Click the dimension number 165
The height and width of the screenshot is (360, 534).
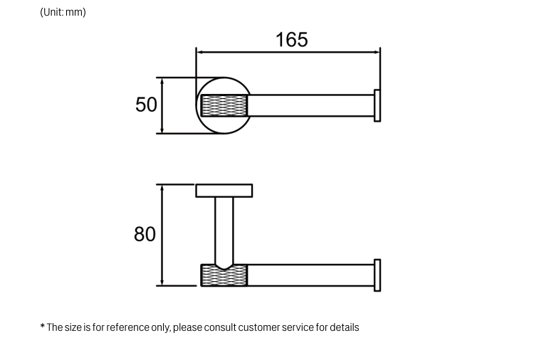[x=292, y=39]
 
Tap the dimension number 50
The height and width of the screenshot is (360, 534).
[x=146, y=105]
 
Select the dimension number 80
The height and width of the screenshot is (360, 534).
[x=145, y=233]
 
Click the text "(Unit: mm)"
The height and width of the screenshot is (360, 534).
[x=63, y=12]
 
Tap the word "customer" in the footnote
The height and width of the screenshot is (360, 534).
[x=260, y=328]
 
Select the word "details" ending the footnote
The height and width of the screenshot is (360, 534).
[x=344, y=328]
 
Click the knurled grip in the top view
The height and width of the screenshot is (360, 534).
[x=224, y=105]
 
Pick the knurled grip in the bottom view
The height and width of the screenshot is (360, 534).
[x=224, y=275]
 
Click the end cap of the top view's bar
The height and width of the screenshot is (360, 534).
[x=377, y=105]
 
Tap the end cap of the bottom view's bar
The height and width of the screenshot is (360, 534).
[x=377, y=275]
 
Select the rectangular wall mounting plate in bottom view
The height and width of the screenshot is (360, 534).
[x=224, y=191]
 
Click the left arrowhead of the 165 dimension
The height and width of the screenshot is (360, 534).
[x=200, y=51]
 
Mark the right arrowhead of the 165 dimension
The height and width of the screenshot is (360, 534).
[x=377, y=51]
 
